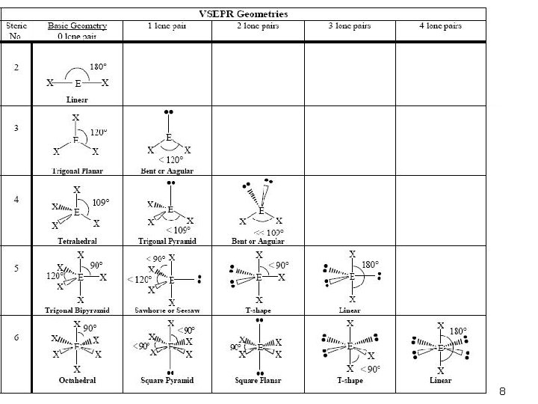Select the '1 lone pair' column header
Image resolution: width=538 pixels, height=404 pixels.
(x=167, y=25)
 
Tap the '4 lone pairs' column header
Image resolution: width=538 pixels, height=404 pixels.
(x=440, y=25)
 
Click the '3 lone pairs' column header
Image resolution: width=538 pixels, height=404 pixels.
(x=351, y=25)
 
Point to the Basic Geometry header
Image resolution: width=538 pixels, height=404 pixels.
(x=78, y=25)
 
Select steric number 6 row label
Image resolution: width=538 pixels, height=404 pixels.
(x=16, y=337)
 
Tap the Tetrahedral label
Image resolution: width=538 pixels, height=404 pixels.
(x=78, y=242)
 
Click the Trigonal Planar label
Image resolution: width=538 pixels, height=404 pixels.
(x=78, y=171)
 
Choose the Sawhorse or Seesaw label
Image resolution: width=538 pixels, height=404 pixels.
(x=167, y=310)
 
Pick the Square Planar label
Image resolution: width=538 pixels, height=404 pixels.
(x=258, y=381)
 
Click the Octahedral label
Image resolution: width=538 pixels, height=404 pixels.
(x=78, y=381)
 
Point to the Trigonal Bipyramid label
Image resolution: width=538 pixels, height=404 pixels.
(x=78, y=310)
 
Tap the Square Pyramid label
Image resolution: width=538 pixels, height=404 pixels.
(x=167, y=381)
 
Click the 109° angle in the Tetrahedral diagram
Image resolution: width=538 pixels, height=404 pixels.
(x=101, y=202)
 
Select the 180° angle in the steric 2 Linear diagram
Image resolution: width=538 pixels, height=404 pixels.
(x=98, y=67)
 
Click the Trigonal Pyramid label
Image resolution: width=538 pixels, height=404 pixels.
(x=167, y=242)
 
